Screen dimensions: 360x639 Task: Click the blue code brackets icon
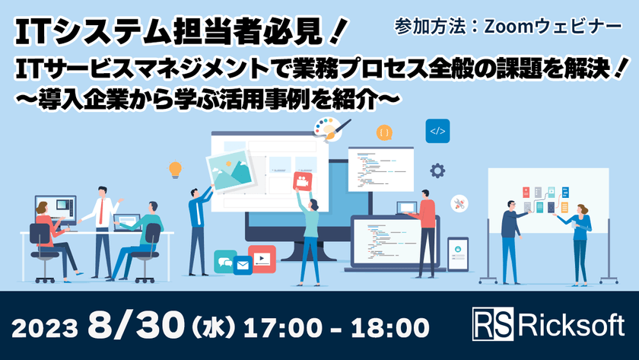tap(437, 131)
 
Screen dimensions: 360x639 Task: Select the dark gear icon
tap(437, 170)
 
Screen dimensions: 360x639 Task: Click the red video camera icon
tap(302, 182)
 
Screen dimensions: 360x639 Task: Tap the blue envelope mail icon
tap(243, 266)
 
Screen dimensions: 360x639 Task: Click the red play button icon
tap(262, 259)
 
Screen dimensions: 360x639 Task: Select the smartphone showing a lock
tap(457, 250)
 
